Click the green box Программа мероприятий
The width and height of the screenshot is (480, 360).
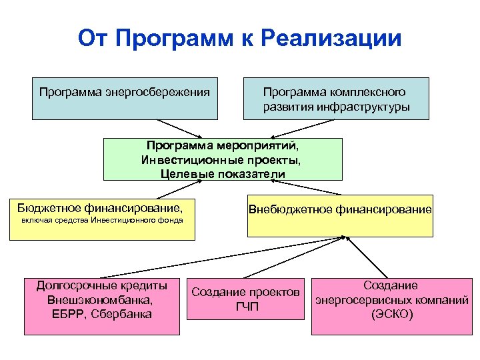pyautogui.click(x=223, y=159)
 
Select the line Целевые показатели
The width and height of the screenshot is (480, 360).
pyautogui.click(x=223, y=174)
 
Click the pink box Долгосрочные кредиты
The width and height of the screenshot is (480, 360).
pyautogui.click(x=102, y=305)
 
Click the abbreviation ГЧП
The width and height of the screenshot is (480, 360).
pyautogui.click(x=247, y=307)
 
